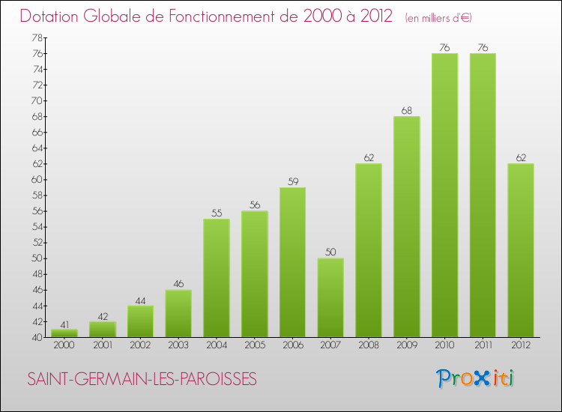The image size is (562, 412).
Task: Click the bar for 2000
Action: [64, 333]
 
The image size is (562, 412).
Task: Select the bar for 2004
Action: [217, 278]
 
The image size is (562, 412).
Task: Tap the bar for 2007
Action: [330, 297]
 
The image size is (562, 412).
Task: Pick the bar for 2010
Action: [444, 196]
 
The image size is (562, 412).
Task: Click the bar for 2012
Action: [521, 250]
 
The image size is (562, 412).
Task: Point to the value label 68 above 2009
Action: [407, 111]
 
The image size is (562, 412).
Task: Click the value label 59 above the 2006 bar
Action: [293, 181]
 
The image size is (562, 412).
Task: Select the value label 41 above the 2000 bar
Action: [64, 324]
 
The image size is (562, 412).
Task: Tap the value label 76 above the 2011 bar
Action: [483, 48]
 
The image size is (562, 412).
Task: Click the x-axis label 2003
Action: [178, 345]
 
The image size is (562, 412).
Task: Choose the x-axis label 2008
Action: [369, 345]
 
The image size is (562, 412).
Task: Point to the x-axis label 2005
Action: [255, 345]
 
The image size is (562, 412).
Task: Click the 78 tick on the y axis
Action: [37, 38]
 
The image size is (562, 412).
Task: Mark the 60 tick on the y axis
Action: [37, 180]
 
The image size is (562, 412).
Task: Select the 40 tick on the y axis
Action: [37, 337]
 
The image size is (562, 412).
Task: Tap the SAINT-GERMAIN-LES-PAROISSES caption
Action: [142, 380]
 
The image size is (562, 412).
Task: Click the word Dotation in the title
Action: [55, 16]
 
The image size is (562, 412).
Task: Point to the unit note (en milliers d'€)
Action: [438, 18]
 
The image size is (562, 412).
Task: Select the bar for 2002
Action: [140, 321]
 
